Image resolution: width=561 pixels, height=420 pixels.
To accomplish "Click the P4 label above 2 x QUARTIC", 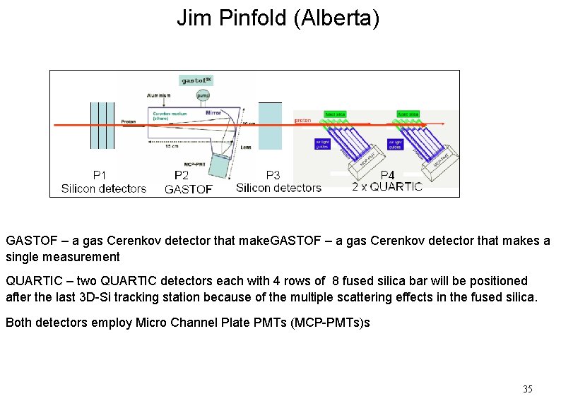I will [x=387, y=175].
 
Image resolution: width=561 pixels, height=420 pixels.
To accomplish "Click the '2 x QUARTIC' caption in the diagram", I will [x=387, y=187].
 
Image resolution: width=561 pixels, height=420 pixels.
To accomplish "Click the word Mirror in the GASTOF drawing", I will [x=213, y=112].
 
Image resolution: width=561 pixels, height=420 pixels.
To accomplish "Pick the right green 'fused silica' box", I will [x=408, y=114].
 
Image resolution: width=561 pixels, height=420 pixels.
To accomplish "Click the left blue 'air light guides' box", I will [x=322, y=143].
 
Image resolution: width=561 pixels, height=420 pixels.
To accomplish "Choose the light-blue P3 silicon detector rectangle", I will [x=270, y=126].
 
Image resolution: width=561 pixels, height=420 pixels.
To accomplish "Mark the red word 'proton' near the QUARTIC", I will [x=302, y=120].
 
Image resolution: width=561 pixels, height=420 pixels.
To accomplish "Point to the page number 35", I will [x=527, y=389].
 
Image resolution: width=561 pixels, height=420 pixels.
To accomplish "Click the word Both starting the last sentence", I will [x=18, y=323].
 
